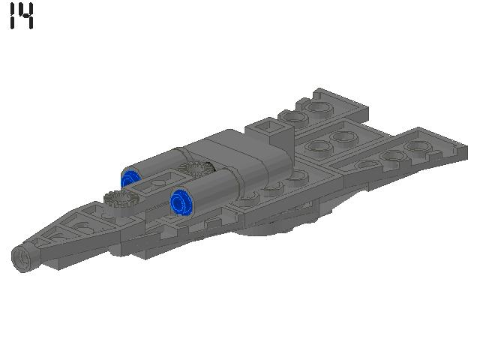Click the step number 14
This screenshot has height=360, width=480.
[x=22, y=16]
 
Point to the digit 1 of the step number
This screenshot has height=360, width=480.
[x=12, y=16]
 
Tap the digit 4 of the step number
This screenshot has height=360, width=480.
[x=26, y=16]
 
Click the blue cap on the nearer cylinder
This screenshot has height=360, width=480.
[x=181, y=202]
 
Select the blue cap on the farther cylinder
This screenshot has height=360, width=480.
[x=130, y=178]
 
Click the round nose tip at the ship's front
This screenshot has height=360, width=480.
[x=24, y=256]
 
